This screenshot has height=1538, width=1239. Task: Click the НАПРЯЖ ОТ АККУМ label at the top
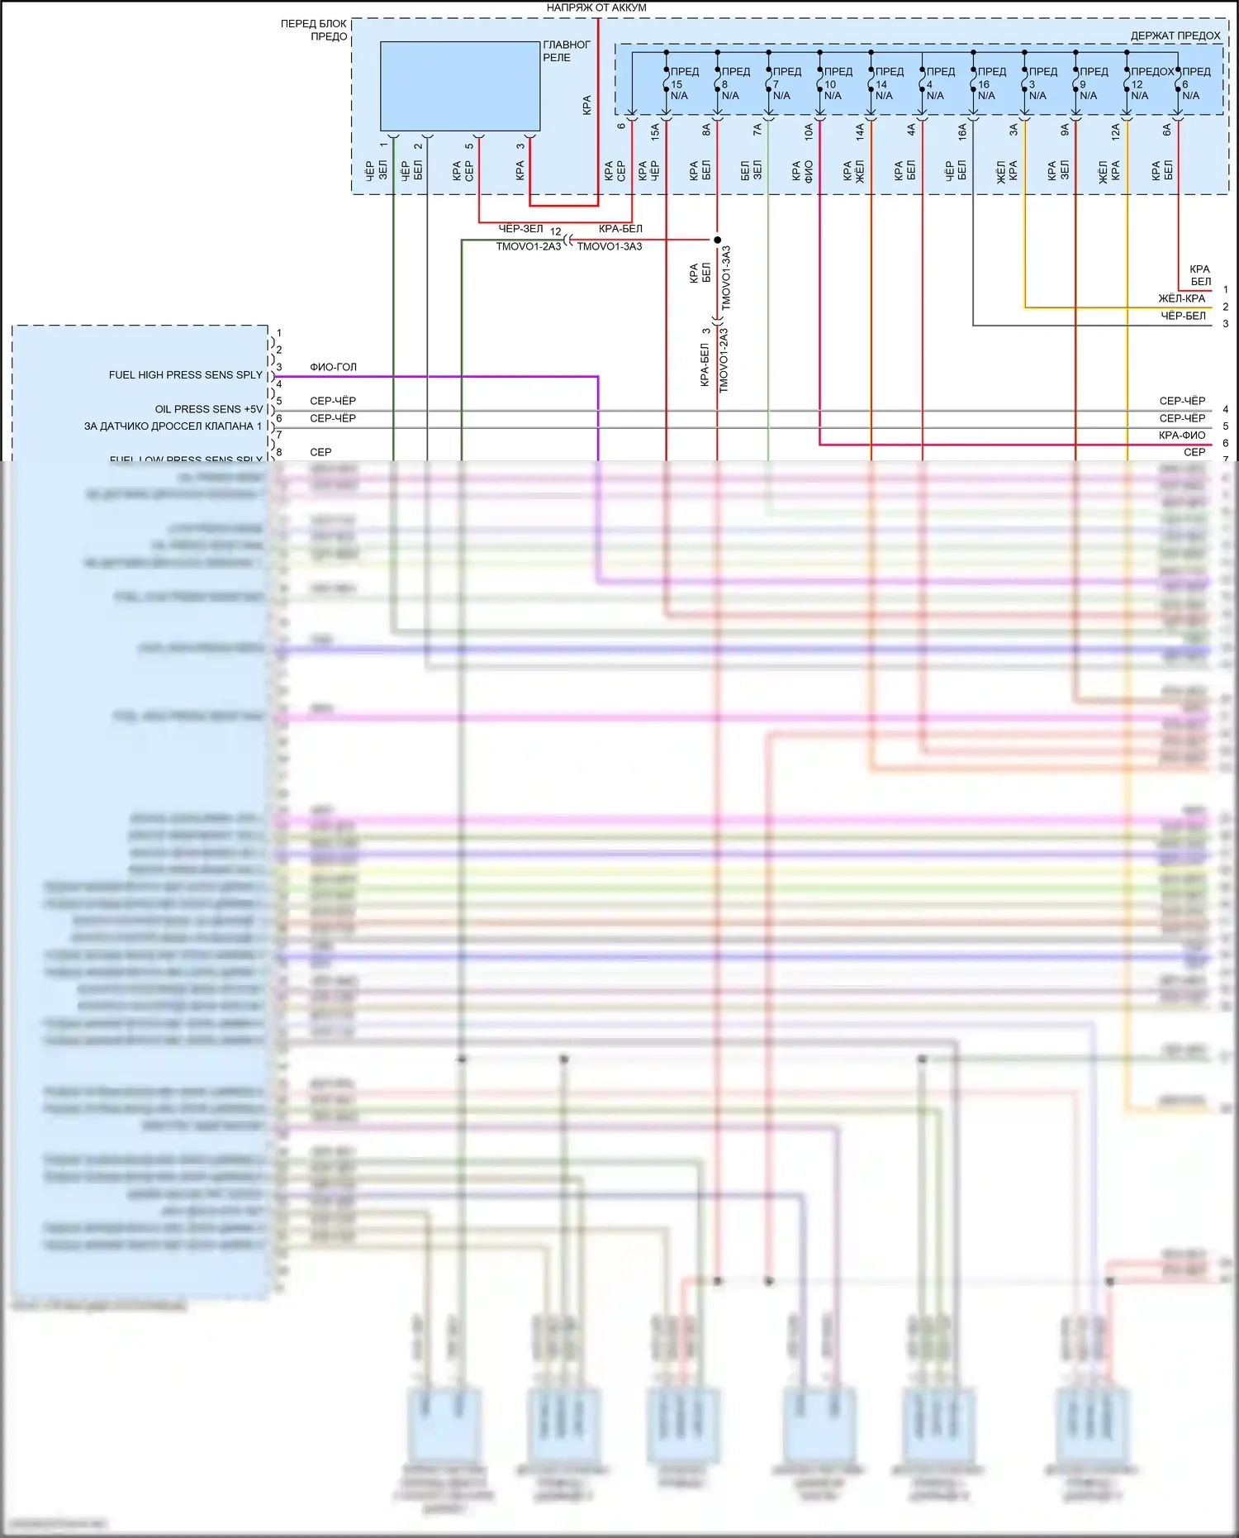[596, 7]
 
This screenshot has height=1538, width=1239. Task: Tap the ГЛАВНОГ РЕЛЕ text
[566, 51]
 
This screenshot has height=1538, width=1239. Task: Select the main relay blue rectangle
[459, 86]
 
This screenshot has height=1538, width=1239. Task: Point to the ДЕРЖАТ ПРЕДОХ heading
[1175, 36]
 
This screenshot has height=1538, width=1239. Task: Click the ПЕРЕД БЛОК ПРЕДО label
[314, 30]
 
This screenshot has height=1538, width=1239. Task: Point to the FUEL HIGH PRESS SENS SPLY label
[185, 375]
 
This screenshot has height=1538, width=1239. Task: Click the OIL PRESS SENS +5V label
[208, 409]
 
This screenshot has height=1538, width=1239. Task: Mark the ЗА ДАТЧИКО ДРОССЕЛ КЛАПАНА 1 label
[173, 426]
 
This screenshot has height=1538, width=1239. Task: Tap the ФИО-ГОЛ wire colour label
[333, 367]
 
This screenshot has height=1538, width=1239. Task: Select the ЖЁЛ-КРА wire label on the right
[1181, 298]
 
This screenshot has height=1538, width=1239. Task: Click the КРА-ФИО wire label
[1181, 436]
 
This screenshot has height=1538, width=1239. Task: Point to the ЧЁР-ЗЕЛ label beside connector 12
[520, 229]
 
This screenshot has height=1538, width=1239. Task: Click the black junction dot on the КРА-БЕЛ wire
[717, 240]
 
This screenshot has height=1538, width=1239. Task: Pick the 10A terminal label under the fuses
[809, 131]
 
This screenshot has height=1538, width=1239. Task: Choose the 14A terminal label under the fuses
[860, 131]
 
